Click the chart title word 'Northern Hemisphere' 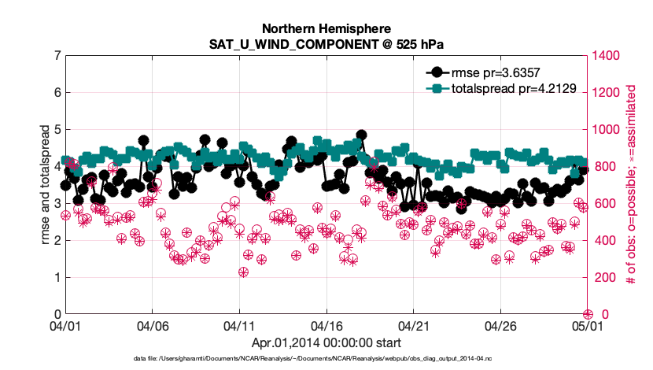326,29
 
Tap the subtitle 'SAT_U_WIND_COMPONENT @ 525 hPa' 326,44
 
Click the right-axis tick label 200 603,277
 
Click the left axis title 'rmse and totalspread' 46,184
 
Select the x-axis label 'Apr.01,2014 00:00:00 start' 326,342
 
